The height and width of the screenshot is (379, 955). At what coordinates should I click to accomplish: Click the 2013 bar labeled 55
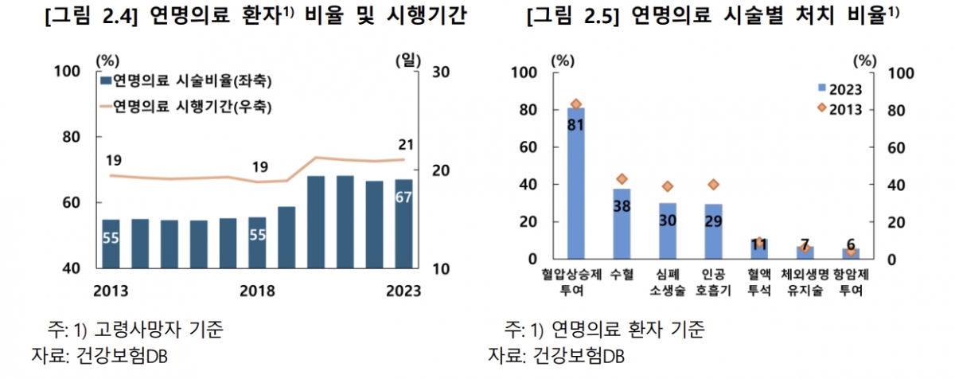(111, 244)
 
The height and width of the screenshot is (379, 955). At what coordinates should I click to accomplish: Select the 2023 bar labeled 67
(404, 224)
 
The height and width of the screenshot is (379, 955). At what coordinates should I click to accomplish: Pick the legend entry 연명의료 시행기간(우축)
(186, 105)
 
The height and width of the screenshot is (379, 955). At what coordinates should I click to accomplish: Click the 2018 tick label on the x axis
(256, 290)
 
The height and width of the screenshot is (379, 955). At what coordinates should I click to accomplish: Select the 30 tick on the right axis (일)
(440, 72)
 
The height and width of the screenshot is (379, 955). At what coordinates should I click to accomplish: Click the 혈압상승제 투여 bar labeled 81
(575, 183)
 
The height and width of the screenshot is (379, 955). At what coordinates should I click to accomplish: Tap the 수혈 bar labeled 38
(622, 224)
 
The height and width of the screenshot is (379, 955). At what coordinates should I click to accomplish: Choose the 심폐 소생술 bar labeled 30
(667, 231)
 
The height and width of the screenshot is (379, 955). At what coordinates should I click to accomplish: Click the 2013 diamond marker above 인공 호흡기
(713, 185)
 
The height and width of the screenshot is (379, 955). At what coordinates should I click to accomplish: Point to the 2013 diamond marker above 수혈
(622, 179)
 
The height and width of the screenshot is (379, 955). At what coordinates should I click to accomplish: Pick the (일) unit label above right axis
(409, 58)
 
